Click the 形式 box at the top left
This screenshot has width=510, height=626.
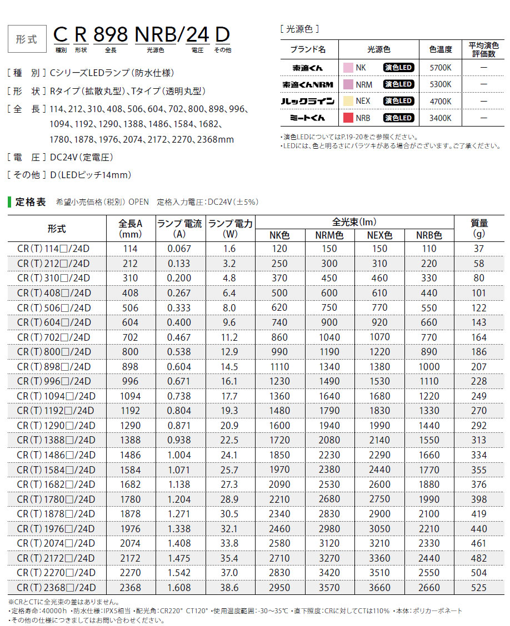coord(27,39)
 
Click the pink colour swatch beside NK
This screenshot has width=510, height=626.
coord(348,68)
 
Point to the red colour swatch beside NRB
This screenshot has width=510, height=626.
coord(348,118)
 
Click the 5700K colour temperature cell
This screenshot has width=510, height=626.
coord(440,68)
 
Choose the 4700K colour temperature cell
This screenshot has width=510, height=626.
coord(440,101)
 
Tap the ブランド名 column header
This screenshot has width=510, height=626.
coord(308,49)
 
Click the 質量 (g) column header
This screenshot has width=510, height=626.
coord(479,228)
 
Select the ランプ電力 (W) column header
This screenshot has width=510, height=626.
coord(230,228)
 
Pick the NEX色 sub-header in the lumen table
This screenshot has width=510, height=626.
coord(379,235)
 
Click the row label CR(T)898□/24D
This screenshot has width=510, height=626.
coord(53,367)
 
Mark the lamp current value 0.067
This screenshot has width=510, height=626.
coord(179,249)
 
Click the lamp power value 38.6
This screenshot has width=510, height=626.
coord(230,587)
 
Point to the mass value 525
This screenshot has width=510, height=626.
coord(479,587)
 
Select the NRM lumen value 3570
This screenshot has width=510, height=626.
coord(330,587)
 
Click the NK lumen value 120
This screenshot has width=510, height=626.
coord(279,249)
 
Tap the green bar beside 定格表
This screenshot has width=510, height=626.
coord(9,201)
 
